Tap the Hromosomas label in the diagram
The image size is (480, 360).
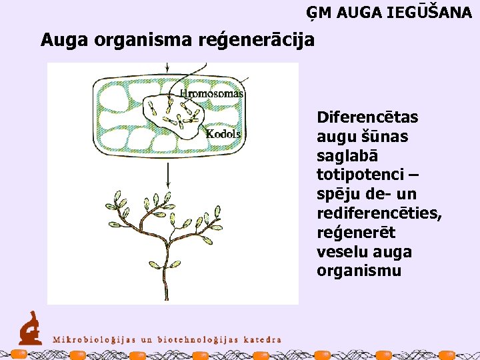[x=212, y=94]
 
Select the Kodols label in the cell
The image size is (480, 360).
[x=223, y=134]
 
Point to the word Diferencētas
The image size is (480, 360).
[x=367, y=117]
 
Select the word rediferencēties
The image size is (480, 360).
[x=378, y=213]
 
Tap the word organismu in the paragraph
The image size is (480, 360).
[x=359, y=271]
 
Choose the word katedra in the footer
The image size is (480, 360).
[x=261, y=339]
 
